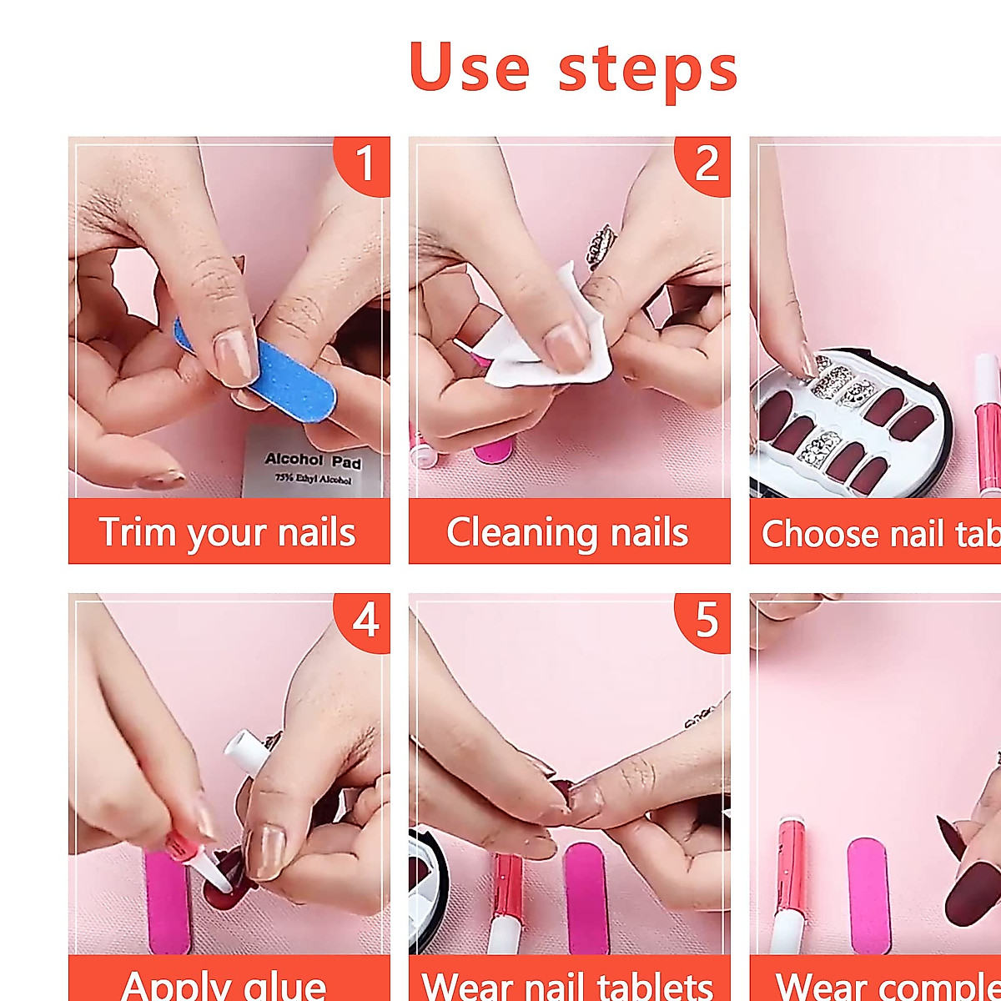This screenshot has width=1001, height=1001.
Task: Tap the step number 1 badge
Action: click(x=364, y=163)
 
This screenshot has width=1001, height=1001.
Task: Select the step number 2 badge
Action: click(x=705, y=163)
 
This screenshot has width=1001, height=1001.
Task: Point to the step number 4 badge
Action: click(x=365, y=620)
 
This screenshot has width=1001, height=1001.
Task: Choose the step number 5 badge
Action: click(x=706, y=620)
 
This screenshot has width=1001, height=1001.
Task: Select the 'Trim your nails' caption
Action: click(x=228, y=532)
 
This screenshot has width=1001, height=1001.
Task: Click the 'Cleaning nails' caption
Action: click(x=568, y=532)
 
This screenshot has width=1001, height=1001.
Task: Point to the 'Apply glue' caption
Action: click(x=224, y=984)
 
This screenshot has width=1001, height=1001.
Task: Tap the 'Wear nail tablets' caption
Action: click(x=568, y=984)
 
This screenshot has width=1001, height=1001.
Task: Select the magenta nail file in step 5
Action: click(x=586, y=897)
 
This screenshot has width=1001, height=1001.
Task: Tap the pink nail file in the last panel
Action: click(x=868, y=897)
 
